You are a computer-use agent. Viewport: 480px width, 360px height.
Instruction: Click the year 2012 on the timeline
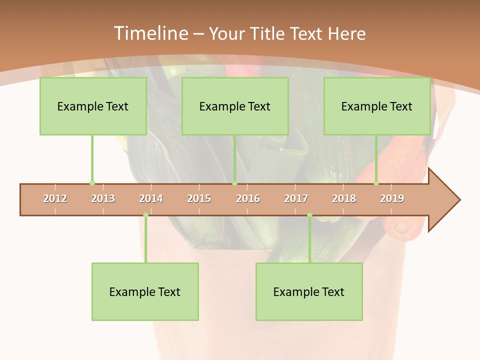(55, 198)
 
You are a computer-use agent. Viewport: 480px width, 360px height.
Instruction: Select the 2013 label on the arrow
(103, 198)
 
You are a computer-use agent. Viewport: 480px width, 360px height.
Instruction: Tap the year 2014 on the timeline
(151, 198)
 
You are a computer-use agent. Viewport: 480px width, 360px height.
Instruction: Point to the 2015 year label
(199, 198)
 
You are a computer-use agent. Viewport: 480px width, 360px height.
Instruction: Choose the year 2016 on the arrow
(248, 198)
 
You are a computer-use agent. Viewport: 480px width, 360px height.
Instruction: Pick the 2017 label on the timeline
(296, 198)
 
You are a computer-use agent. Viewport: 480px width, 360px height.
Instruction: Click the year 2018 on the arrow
(344, 198)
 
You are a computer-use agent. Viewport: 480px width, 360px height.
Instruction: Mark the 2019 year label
(392, 198)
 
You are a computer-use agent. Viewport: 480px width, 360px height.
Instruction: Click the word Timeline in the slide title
(150, 33)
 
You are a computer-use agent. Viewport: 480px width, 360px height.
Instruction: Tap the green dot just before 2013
(92, 183)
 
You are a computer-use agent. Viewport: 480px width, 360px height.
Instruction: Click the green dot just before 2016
(234, 183)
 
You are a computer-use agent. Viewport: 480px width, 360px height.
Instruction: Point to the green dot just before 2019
(376, 183)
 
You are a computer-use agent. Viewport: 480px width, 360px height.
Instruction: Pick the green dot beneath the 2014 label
(145, 215)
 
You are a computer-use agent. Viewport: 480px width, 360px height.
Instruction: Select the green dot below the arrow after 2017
(309, 215)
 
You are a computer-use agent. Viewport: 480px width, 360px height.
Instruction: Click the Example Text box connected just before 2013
(93, 106)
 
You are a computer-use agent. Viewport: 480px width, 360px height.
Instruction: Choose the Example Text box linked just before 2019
(377, 106)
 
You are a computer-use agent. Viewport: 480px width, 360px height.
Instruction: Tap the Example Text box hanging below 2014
(145, 292)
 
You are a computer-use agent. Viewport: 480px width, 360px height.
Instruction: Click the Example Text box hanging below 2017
(309, 292)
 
